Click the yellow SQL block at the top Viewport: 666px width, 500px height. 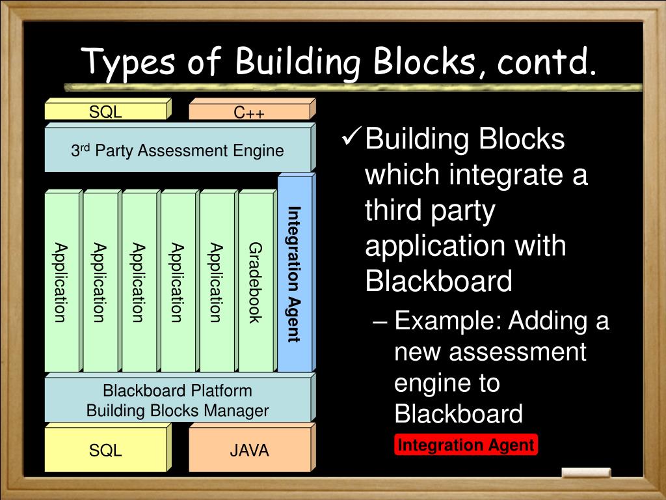pyautogui.click(x=106, y=111)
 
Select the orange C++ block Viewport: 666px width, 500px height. pyautogui.click(x=250, y=112)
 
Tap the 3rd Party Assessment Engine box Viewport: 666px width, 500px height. pyautogui.click(x=178, y=150)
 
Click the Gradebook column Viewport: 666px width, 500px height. pyautogui.click(x=256, y=282)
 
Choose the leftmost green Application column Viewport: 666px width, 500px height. pyautogui.click(x=61, y=282)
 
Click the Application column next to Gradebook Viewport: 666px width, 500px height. pyautogui.click(x=217, y=282)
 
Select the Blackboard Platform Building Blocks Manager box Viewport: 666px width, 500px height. pyautogui.click(x=178, y=400)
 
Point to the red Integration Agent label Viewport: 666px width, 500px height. pyautogui.click(x=466, y=445)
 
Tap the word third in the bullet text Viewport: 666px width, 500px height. pyautogui.click(x=395, y=211)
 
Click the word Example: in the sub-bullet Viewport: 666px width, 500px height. pyautogui.click(x=448, y=320)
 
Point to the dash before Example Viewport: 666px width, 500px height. pyautogui.click(x=384, y=322)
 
